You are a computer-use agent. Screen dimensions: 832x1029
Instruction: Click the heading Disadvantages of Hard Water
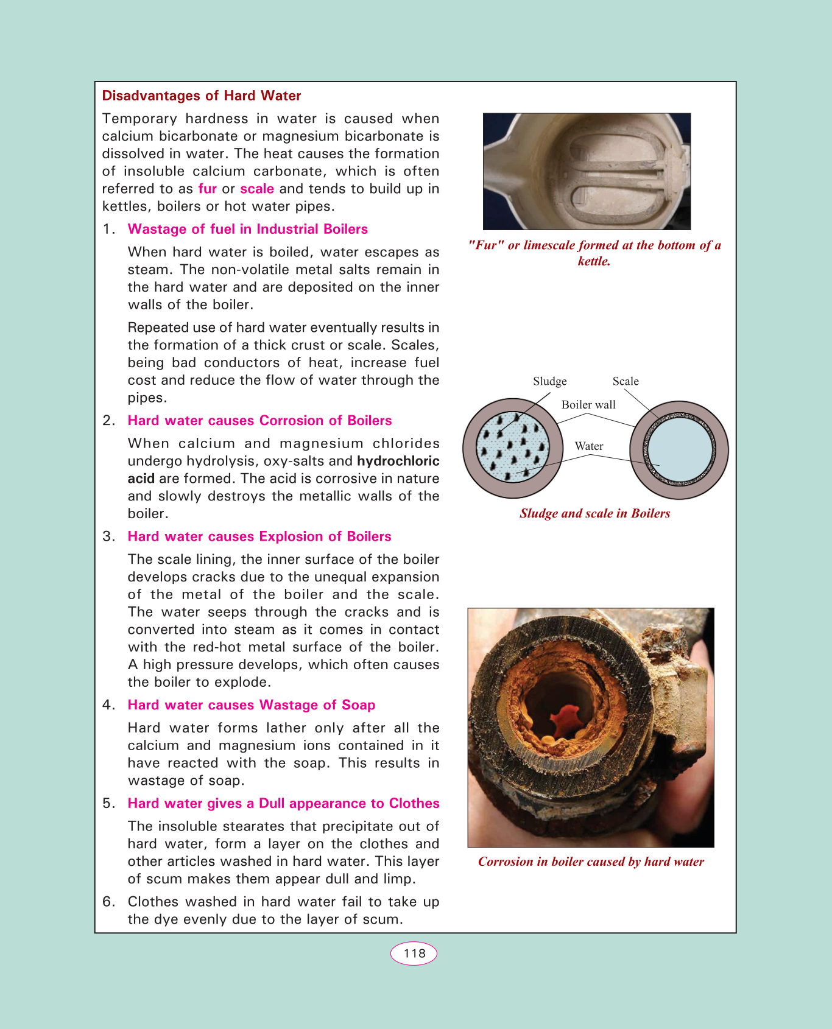pos(202,96)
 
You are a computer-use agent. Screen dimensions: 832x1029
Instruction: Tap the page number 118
pos(414,953)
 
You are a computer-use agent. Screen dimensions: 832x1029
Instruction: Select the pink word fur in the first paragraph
pos(208,189)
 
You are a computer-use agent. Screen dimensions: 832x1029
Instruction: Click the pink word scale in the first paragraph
pos(257,189)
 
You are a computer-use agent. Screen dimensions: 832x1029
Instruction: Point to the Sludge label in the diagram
pos(550,381)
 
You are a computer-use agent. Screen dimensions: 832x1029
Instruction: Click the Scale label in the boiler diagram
pos(626,381)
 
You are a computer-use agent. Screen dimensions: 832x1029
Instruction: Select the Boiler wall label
pos(588,405)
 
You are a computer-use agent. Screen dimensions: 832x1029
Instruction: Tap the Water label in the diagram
pos(589,446)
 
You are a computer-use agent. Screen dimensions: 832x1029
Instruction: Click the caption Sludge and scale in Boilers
pos(595,513)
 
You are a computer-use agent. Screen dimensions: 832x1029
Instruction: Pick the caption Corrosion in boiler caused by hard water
pos(591,862)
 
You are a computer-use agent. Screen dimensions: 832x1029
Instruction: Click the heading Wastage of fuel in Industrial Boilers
pos(248,229)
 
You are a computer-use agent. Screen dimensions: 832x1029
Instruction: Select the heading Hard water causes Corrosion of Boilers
pos(259,421)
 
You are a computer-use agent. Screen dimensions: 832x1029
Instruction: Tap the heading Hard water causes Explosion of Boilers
pos(259,536)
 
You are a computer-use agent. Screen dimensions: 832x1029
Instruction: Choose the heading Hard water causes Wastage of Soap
pos(252,705)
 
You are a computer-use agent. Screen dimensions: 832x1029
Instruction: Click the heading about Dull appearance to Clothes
pos(283,803)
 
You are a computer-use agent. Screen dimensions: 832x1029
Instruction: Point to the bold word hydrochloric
pos(398,461)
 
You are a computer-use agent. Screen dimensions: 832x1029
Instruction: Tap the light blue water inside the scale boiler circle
pos(679,451)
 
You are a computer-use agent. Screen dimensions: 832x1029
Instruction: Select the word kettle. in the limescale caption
pos(594,261)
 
